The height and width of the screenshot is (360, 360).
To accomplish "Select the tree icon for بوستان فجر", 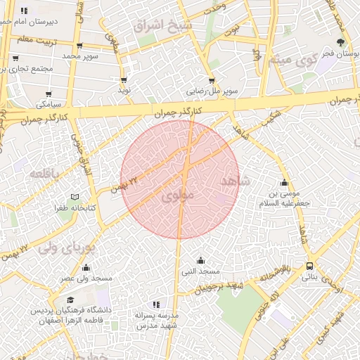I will click(x=341, y=42).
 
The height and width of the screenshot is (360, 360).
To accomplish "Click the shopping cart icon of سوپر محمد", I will click(x=79, y=46).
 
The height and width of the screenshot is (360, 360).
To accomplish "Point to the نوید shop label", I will click(x=124, y=90).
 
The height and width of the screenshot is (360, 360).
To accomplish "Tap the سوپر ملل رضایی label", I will click(x=212, y=91).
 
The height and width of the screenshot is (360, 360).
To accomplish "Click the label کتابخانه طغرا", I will click(x=75, y=208).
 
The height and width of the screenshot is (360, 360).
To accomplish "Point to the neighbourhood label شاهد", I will click(x=235, y=181).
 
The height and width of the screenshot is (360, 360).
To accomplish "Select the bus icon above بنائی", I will click(x=309, y=266).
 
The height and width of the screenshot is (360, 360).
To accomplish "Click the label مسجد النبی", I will click(x=201, y=271).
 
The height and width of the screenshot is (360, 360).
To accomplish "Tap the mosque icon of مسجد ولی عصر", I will click(x=86, y=267).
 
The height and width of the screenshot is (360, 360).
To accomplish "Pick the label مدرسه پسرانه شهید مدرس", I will click(x=157, y=321).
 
